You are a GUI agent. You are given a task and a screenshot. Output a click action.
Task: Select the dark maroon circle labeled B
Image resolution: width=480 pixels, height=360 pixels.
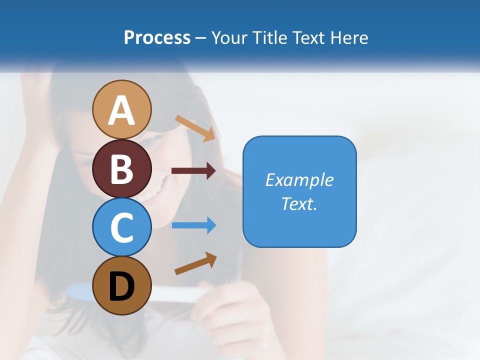click(x=122, y=169)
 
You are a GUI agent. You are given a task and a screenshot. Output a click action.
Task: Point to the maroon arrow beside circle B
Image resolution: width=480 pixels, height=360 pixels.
click(x=193, y=171)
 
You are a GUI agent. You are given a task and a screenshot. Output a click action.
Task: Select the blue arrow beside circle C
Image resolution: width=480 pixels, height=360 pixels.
click(x=193, y=225)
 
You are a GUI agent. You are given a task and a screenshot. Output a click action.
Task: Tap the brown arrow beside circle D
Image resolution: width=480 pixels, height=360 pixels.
click(x=195, y=263)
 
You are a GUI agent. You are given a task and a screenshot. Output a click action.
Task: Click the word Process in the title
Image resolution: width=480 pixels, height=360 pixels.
click(x=157, y=37)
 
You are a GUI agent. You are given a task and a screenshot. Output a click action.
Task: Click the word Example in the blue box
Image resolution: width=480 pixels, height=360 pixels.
click(x=299, y=180)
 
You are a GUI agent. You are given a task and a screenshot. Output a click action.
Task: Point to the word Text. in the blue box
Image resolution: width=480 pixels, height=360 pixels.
click(x=299, y=203)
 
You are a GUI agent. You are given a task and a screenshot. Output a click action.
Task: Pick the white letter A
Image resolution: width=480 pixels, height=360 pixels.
click(x=122, y=111)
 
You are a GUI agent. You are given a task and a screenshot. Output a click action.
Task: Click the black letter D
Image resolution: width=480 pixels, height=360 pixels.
click(x=122, y=286)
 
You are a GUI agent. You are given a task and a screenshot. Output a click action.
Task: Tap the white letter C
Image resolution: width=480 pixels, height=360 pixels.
click(x=122, y=227)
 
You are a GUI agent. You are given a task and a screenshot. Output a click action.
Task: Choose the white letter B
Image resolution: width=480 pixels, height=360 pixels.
click(x=122, y=169)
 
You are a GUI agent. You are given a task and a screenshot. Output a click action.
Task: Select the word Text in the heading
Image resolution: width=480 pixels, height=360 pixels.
click(x=307, y=37)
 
